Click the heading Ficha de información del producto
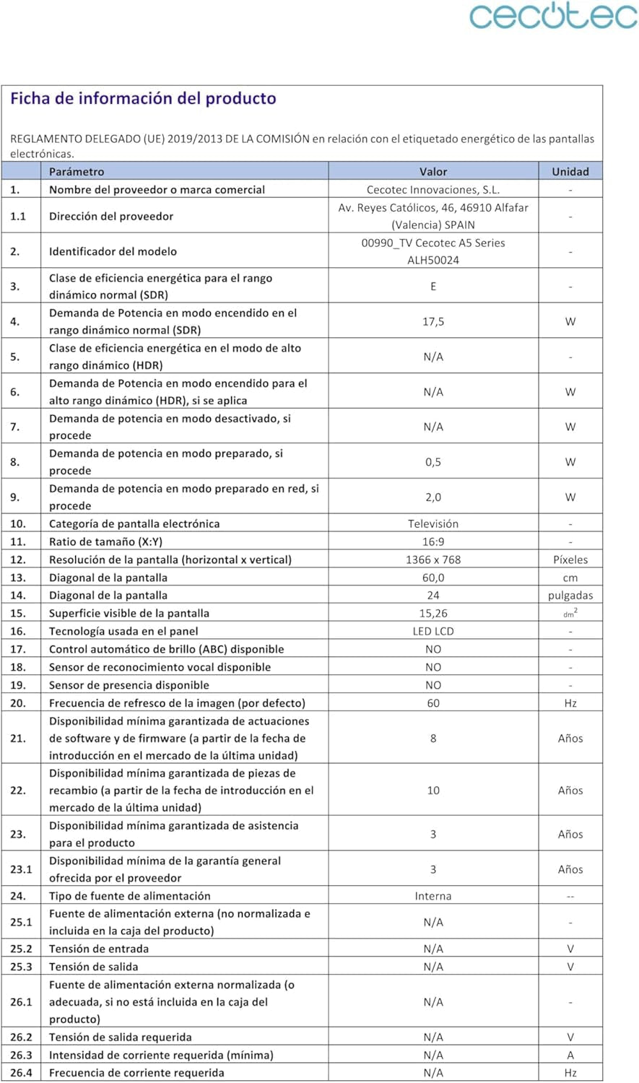coord(143,98)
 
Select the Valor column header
coord(433,172)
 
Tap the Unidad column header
coord(570,172)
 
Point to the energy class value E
coord(433,287)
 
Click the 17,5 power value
coord(433,321)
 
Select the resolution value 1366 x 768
coord(433,560)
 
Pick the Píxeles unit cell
coord(570,560)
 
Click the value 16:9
coord(433,541)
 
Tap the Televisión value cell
coord(433,523)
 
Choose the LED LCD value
coord(433,631)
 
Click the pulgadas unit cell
coord(570,596)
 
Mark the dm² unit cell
coord(570,614)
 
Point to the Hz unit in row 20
coord(570,703)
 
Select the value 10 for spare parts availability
coord(433,791)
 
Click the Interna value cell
coord(433,896)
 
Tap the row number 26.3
coord(22,1055)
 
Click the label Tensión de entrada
coord(99,949)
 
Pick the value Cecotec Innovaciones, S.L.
coord(433,190)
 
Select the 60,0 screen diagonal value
coord(433,578)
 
